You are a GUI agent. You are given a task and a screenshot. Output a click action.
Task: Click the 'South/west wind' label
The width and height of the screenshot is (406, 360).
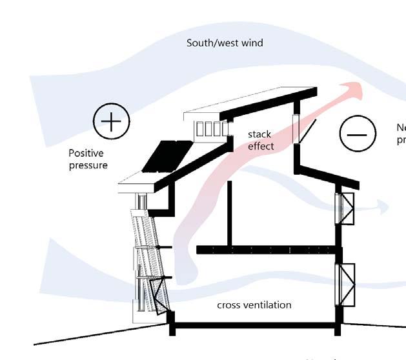pos(225,43)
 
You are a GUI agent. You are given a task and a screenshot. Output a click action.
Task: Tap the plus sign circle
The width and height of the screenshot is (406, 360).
pos(111,122)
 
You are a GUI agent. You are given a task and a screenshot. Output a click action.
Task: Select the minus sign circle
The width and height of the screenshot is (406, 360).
pos(357,134)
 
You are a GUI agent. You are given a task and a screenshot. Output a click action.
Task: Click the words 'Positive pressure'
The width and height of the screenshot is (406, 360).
pos(88,159)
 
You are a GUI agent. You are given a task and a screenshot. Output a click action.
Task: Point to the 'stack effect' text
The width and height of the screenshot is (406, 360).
pos(261,141)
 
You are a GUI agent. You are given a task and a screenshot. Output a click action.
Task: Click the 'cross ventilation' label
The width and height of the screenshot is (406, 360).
pos(254,305)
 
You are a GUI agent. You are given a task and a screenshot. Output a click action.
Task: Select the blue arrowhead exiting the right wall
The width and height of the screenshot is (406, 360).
pos(382,207)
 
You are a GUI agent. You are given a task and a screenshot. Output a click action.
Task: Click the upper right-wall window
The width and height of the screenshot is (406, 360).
pos(345,208)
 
